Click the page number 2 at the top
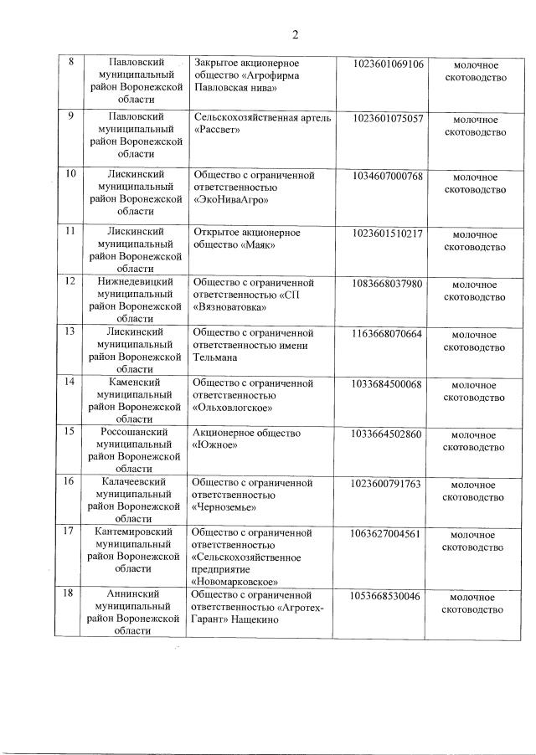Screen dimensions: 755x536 (x=295, y=34)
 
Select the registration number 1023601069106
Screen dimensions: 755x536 (x=389, y=64)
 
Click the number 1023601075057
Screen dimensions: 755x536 (x=389, y=119)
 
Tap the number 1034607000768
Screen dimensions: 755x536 (x=389, y=176)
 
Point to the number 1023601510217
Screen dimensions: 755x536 (x=389, y=233)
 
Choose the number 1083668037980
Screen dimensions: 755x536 (x=389, y=283)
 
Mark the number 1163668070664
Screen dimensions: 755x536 (x=389, y=333)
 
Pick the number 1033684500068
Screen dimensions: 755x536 (x=389, y=383)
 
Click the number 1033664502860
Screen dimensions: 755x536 (x=389, y=434)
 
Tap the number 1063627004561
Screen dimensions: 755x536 (x=389, y=533)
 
